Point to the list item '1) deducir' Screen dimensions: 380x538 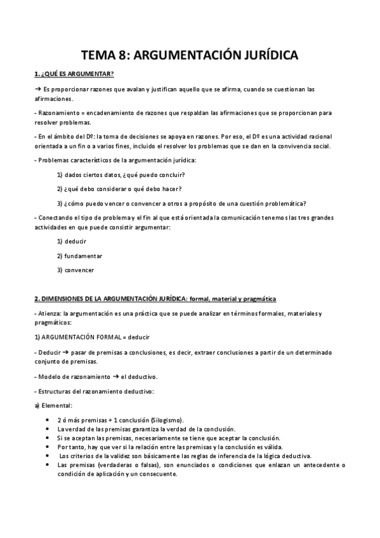[72, 242]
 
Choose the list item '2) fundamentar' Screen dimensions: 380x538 [79, 256]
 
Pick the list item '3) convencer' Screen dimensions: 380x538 [75, 270]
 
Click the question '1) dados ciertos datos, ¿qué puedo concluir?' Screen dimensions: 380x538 [126, 174]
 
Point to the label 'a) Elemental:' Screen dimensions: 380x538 [53, 404]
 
